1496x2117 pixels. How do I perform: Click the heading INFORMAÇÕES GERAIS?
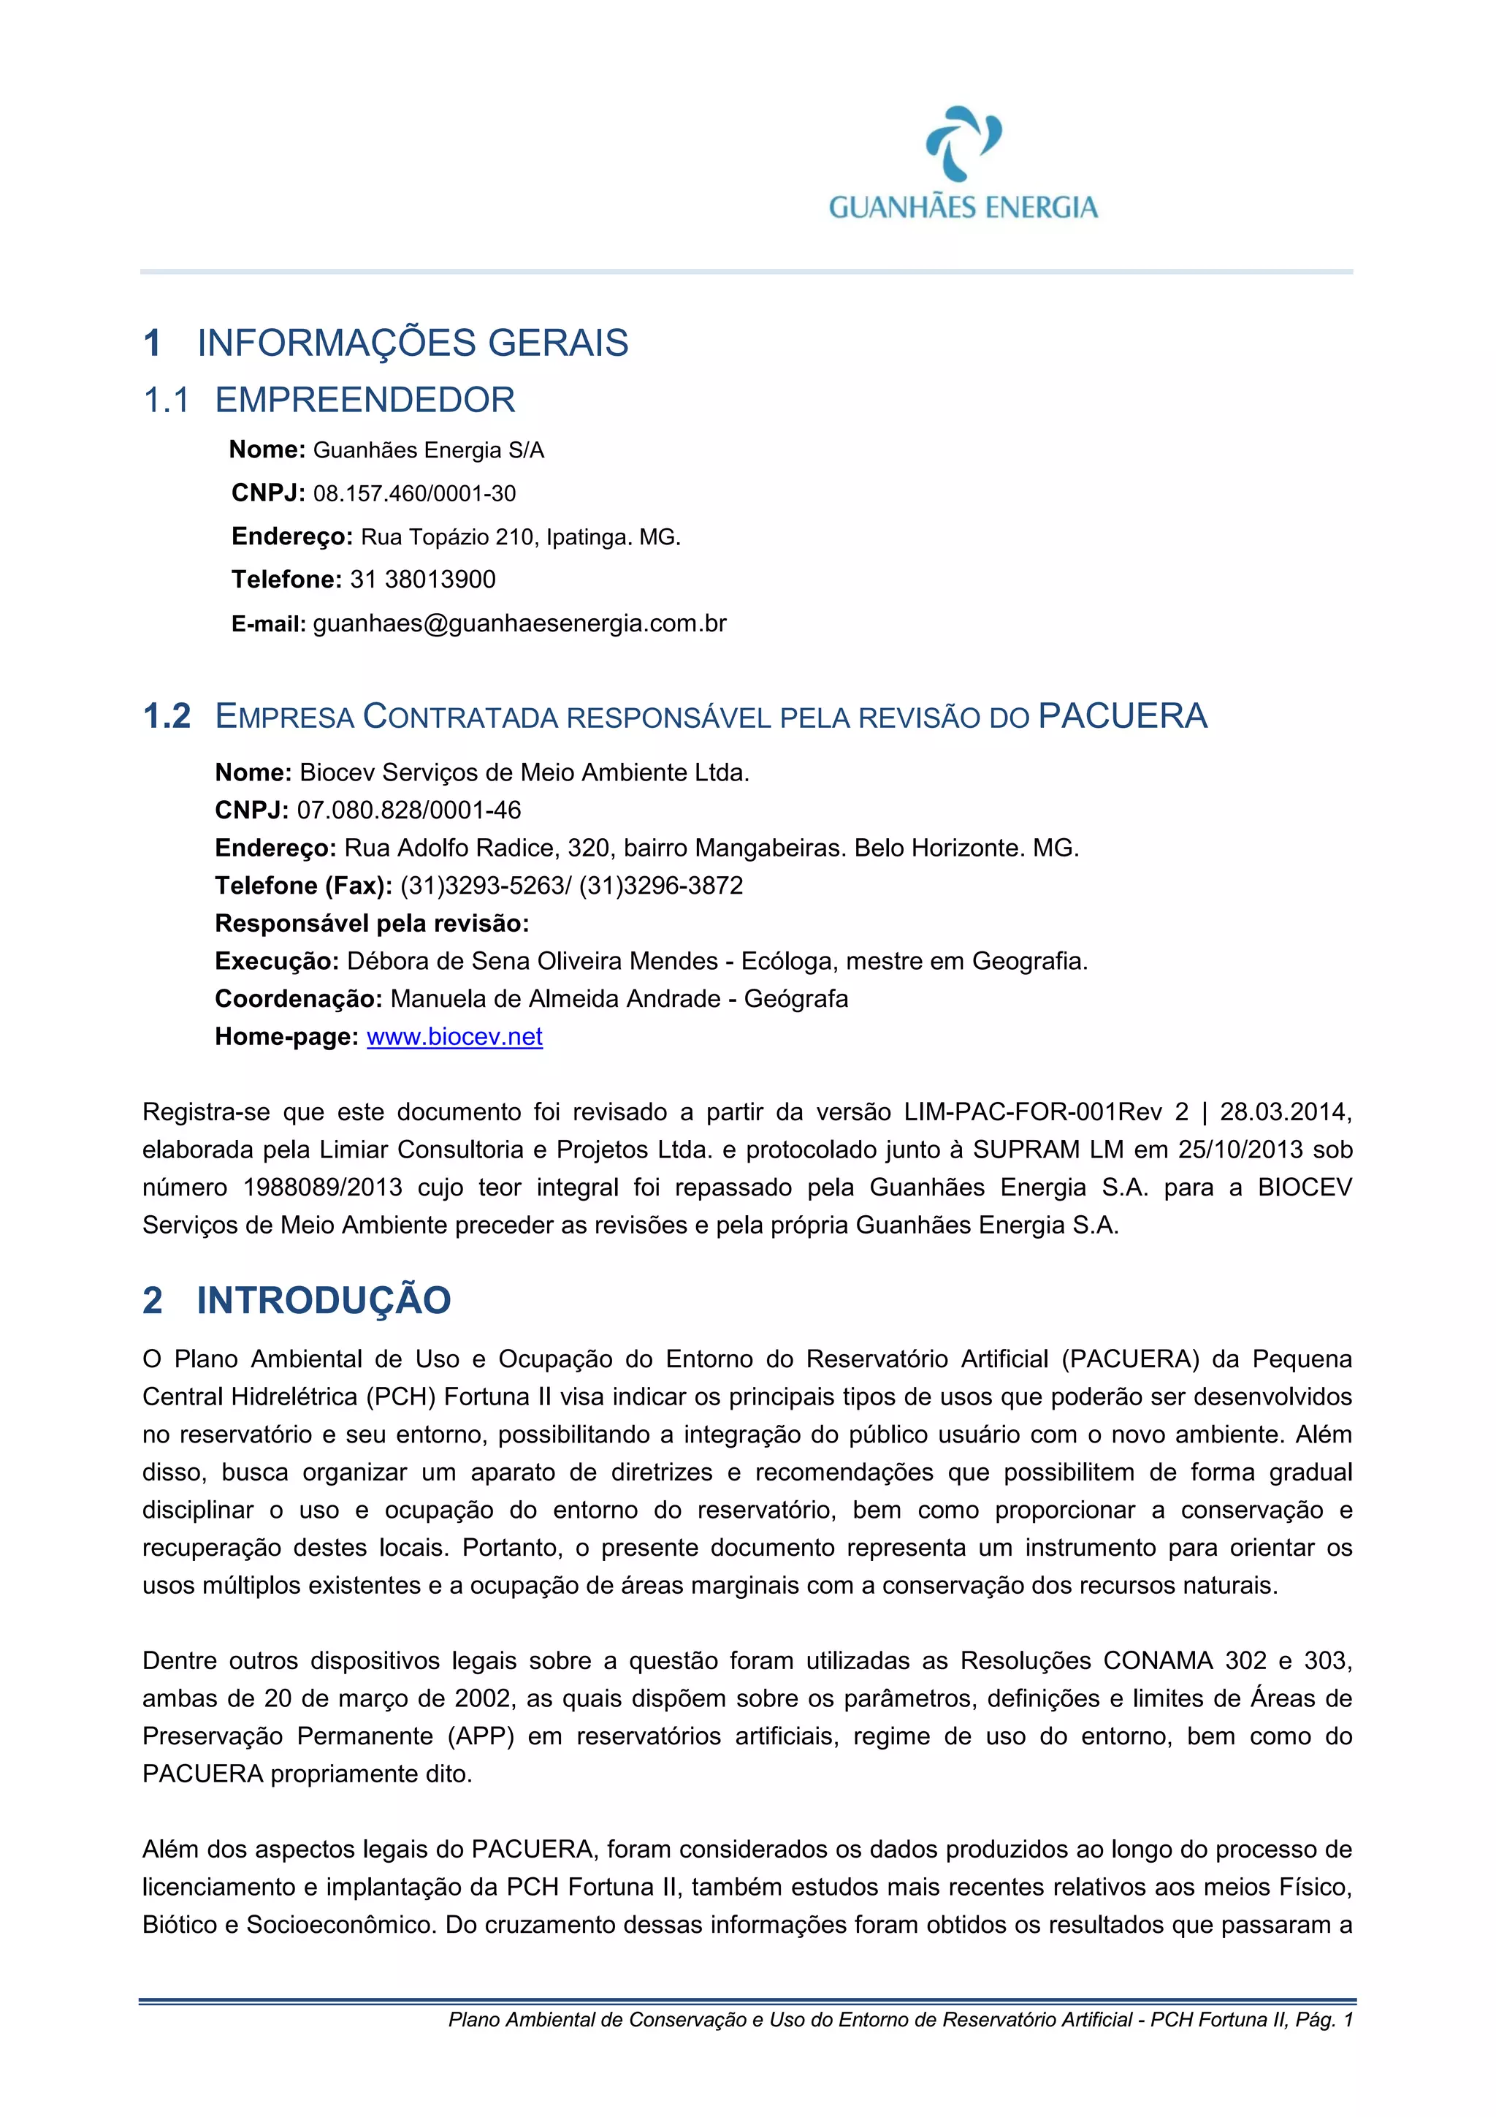[x=412, y=343]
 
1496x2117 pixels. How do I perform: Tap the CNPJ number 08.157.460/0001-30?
[x=414, y=494]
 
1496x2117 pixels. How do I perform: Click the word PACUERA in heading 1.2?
[x=1122, y=716]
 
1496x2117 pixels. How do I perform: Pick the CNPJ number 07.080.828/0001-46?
[x=408, y=810]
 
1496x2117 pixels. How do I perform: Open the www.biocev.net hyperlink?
[x=454, y=1037]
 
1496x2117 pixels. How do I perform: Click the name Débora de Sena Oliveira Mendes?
[x=532, y=962]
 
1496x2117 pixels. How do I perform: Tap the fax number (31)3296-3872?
[x=661, y=886]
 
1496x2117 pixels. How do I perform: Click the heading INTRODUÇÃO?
[x=324, y=1301]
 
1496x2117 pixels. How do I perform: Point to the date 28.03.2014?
[x=1284, y=1112]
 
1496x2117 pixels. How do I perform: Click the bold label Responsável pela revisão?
[x=372, y=924]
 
